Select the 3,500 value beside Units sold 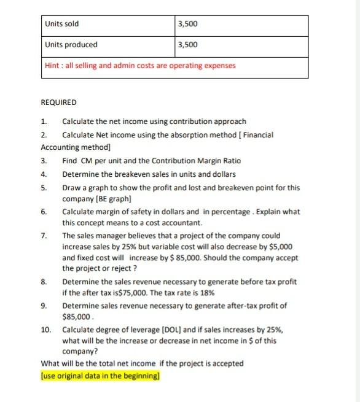pos(186,25)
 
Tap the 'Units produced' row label pos(71,45)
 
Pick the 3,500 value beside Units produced pos(186,45)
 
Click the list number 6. pos(44,212)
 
